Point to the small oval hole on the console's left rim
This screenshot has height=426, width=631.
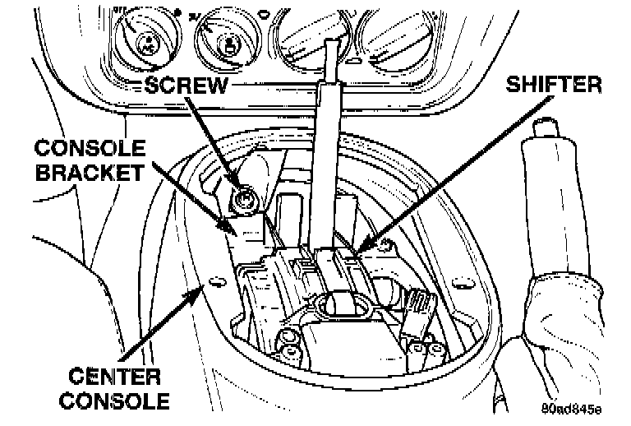click(218, 282)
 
